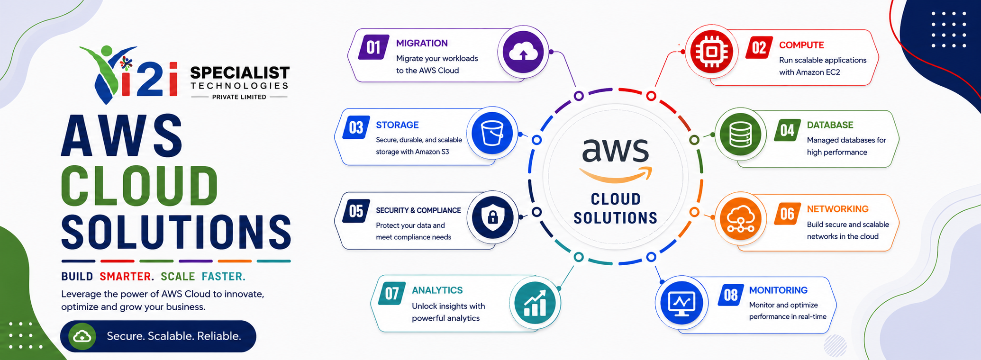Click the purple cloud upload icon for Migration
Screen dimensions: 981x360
click(523, 52)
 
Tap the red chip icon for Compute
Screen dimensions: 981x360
click(711, 51)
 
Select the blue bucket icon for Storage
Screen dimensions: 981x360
click(492, 133)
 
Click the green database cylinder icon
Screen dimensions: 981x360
click(740, 135)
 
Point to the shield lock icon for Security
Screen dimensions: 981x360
click(493, 217)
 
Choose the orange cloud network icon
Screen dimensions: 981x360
click(740, 219)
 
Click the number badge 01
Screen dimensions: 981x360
click(373, 47)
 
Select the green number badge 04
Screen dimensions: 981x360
click(787, 130)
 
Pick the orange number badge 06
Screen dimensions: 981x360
click(787, 214)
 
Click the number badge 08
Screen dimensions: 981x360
click(731, 295)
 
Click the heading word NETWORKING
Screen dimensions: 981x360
click(838, 209)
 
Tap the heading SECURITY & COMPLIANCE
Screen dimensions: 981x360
click(418, 210)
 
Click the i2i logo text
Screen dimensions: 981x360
click(150, 79)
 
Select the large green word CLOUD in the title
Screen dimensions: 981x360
click(139, 185)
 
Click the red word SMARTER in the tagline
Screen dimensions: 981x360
click(127, 277)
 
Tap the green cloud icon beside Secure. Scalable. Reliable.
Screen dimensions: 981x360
click(82, 336)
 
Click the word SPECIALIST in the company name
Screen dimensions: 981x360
click(240, 73)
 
